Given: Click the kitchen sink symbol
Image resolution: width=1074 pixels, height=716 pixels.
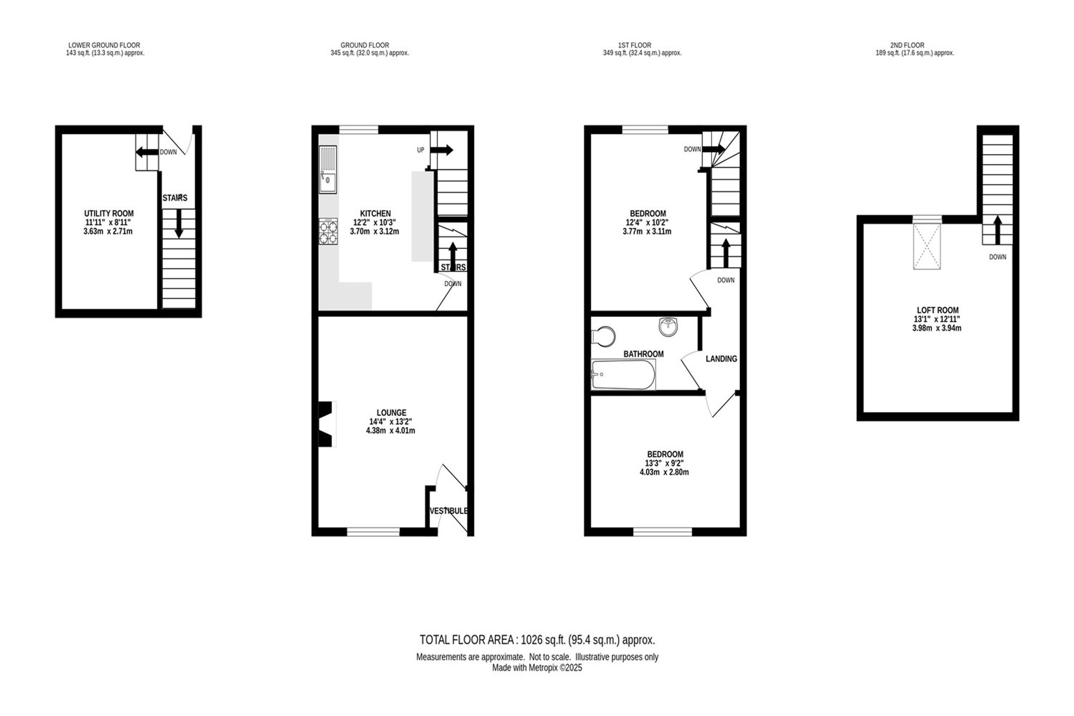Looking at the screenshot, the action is [328, 169].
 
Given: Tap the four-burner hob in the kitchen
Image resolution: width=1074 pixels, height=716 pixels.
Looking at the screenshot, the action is [328, 232].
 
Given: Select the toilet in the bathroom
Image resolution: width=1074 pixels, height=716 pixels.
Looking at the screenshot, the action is [603, 336].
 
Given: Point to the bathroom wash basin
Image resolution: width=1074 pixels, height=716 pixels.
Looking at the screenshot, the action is [669, 326].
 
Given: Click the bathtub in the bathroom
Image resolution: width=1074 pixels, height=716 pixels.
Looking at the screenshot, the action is [623, 374].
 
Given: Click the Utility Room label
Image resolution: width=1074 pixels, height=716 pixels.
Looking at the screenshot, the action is [109, 213].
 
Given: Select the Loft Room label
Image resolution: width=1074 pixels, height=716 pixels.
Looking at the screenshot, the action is [938, 310].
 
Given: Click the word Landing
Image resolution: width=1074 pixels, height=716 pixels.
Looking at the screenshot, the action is [721, 359].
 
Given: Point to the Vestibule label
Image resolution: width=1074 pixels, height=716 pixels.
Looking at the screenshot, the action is [449, 511].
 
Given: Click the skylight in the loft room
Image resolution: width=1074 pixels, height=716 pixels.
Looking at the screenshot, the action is [927, 246].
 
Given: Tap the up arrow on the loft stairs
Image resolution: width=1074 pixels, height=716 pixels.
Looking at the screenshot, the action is [997, 230].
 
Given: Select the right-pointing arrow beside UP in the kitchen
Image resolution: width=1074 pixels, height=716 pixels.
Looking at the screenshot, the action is [441, 150].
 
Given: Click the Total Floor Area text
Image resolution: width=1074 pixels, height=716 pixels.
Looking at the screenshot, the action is [537, 640].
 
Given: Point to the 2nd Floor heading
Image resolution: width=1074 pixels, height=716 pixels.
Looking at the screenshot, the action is [908, 45].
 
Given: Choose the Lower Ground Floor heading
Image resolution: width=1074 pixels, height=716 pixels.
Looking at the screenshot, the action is [104, 45].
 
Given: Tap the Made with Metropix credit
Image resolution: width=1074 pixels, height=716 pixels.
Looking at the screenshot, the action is [537, 668].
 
